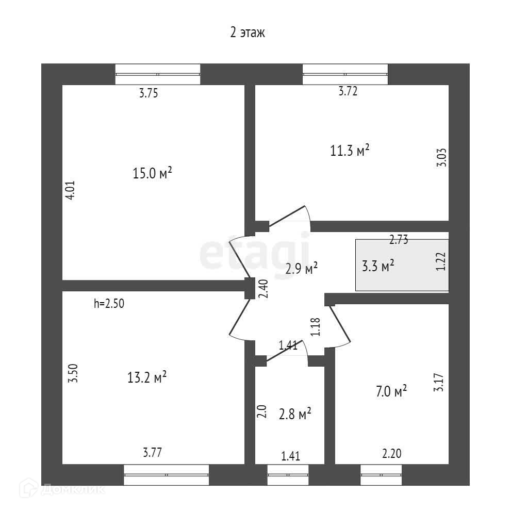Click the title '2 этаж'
pyautogui.click(x=248, y=34)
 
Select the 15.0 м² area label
pyautogui.click(x=152, y=173)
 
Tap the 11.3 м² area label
pyautogui.click(x=350, y=151)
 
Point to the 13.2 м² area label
pyautogui.click(x=146, y=378)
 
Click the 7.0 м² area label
pyautogui.click(x=391, y=391)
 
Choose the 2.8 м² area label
pyautogui.click(x=294, y=414)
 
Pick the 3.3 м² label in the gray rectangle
pyautogui.click(x=379, y=266)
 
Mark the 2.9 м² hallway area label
pyautogui.click(x=302, y=268)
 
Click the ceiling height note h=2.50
pyautogui.click(x=109, y=304)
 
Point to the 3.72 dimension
pyautogui.click(x=348, y=92)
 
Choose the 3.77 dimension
pyautogui.click(x=152, y=453)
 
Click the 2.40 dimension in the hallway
pyautogui.click(x=263, y=288)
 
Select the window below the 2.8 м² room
pyautogui.click(x=288, y=474)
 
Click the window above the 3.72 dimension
pyautogui.click(x=345, y=74)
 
